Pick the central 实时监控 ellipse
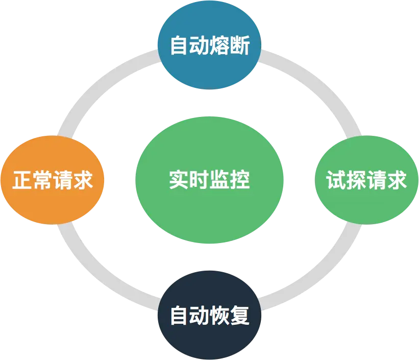click(x=209, y=180)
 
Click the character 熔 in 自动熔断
click(x=219, y=47)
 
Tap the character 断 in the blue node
click(x=239, y=47)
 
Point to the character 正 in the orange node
click(x=22, y=180)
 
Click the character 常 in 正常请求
click(x=42, y=180)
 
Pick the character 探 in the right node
click(x=356, y=180)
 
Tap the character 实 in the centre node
click(x=179, y=180)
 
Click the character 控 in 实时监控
click(x=239, y=180)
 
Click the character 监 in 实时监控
click(x=219, y=180)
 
